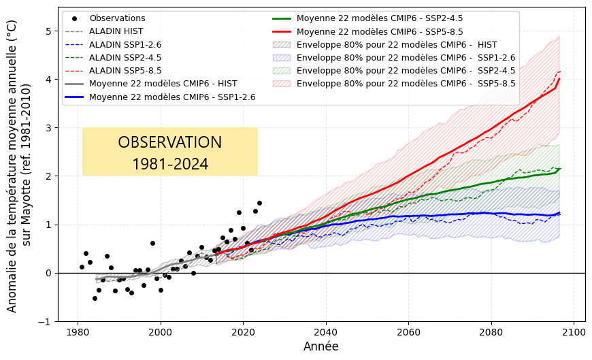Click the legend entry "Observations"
pyautogui.click(x=117, y=18)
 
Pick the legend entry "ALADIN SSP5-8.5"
pyautogui.click(x=121, y=71)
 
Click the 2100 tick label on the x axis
pyautogui.click(x=574, y=332)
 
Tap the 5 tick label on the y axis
pyautogui.click(x=48, y=31)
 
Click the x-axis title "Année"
pyautogui.click(x=321, y=346)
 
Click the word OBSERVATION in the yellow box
pyautogui.click(x=170, y=142)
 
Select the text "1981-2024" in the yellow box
pyautogui.click(x=170, y=164)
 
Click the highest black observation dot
pyautogui.click(x=259, y=203)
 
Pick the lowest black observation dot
pyautogui.click(x=95, y=298)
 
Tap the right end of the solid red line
pyautogui.click(x=559, y=78)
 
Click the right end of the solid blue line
pyautogui.click(x=559, y=213)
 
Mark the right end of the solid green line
pyautogui.click(x=559, y=168)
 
